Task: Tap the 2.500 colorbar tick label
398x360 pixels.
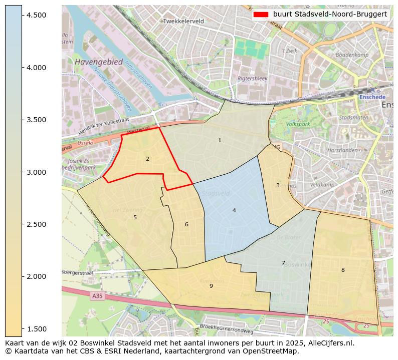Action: pyautogui.click(x=37, y=224)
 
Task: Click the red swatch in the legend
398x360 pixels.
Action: pyautogui.click(x=261, y=14)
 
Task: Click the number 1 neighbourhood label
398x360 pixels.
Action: pyautogui.click(x=220, y=140)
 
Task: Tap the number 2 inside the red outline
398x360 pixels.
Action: pyautogui.click(x=147, y=159)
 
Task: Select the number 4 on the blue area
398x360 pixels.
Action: pyautogui.click(x=234, y=210)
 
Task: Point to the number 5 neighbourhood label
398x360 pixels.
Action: pyautogui.click(x=135, y=217)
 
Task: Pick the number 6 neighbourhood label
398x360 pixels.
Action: pyautogui.click(x=186, y=224)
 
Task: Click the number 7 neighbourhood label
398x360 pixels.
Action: pyautogui.click(x=283, y=263)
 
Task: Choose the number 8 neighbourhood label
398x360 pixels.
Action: pyautogui.click(x=343, y=270)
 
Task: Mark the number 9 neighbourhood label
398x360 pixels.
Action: pyautogui.click(x=211, y=286)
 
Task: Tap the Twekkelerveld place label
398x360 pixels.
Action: pyautogui.click(x=183, y=21)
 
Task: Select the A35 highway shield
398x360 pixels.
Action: pyautogui.click(x=98, y=296)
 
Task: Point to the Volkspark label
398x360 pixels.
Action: pyautogui.click(x=298, y=124)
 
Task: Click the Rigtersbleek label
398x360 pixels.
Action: pyautogui.click(x=253, y=79)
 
